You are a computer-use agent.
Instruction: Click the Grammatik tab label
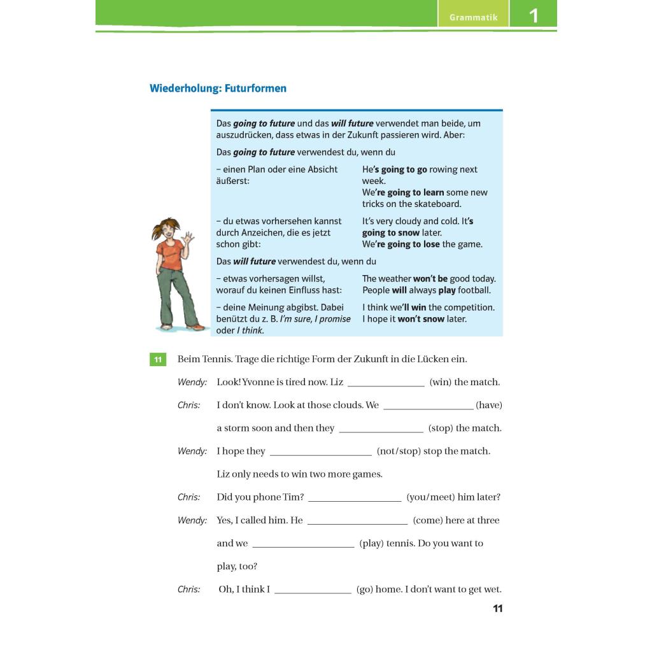tap(473, 17)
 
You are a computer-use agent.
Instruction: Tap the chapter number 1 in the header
tap(534, 16)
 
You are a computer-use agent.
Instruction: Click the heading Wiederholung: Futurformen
tap(218, 89)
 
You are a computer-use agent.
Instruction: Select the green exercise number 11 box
tap(157, 360)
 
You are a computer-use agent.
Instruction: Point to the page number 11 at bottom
tap(498, 609)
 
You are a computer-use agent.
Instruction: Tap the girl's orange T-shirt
tap(170, 253)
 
